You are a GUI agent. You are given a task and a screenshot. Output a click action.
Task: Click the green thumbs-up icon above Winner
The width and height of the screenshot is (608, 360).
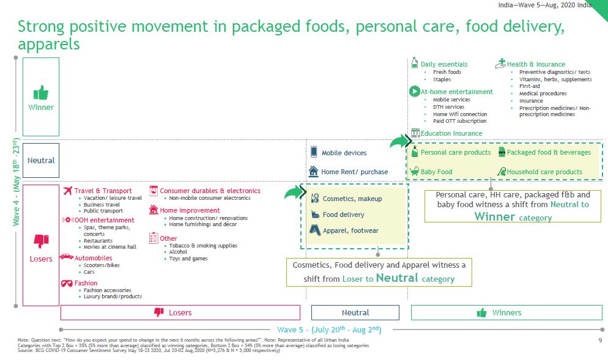41,93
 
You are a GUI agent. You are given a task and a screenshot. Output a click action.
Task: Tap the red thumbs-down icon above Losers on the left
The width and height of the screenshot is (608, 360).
41,241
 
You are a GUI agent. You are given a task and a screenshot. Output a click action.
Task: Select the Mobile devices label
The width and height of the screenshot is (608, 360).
344,153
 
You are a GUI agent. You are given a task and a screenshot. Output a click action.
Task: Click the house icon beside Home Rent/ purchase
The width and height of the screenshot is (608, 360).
313,171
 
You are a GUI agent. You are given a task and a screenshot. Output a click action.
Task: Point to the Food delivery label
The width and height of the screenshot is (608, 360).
344,215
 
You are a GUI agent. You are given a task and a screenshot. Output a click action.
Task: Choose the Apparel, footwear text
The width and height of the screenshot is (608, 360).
350,230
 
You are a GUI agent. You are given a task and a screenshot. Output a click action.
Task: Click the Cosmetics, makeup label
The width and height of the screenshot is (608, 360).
352,199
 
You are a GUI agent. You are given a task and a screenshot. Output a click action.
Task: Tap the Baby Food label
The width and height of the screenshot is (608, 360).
436,172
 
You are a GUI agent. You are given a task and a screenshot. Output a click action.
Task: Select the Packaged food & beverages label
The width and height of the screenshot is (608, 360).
549,152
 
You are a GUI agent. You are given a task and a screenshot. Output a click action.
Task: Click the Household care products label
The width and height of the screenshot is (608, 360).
544,172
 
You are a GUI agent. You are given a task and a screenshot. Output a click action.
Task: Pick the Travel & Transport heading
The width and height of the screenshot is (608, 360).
103,191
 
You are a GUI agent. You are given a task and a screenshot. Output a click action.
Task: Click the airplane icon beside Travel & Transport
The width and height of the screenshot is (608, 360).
68,190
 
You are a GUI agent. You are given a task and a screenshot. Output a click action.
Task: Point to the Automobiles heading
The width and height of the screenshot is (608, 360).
93,258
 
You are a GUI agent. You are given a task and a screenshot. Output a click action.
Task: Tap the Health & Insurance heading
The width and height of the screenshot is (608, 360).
536,64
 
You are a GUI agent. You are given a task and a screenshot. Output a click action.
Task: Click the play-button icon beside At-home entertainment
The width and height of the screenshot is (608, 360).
415,92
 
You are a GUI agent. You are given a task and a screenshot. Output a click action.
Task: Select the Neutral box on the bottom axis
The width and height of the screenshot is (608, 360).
355,313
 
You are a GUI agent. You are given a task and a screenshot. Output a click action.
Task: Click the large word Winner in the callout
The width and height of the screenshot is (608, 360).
495,216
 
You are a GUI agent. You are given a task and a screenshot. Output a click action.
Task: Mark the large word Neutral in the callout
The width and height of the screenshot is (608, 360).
397,277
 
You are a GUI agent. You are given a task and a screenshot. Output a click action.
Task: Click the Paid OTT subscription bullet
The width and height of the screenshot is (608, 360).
459,121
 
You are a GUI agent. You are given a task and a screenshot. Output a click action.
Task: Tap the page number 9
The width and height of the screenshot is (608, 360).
600,340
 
